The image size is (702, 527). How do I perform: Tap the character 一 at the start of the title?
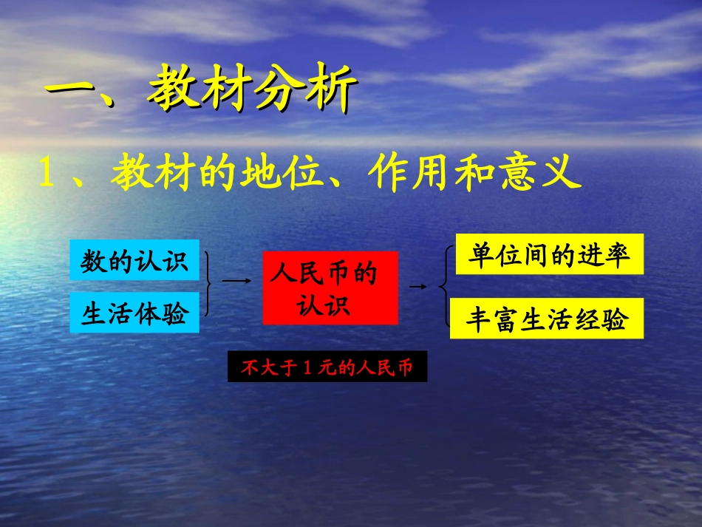[x=71, y=93]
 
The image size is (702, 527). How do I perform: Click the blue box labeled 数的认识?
[x=134, y=260]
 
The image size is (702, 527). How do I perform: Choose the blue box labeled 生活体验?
[x=134, y=313]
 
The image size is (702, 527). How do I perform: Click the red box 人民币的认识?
[x=330, y=288]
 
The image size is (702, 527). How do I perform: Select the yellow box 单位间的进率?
[x=549, y=254]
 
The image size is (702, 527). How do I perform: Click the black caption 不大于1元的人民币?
[x=327, y=367]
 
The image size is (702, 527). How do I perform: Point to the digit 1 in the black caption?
[x=309, y=367]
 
